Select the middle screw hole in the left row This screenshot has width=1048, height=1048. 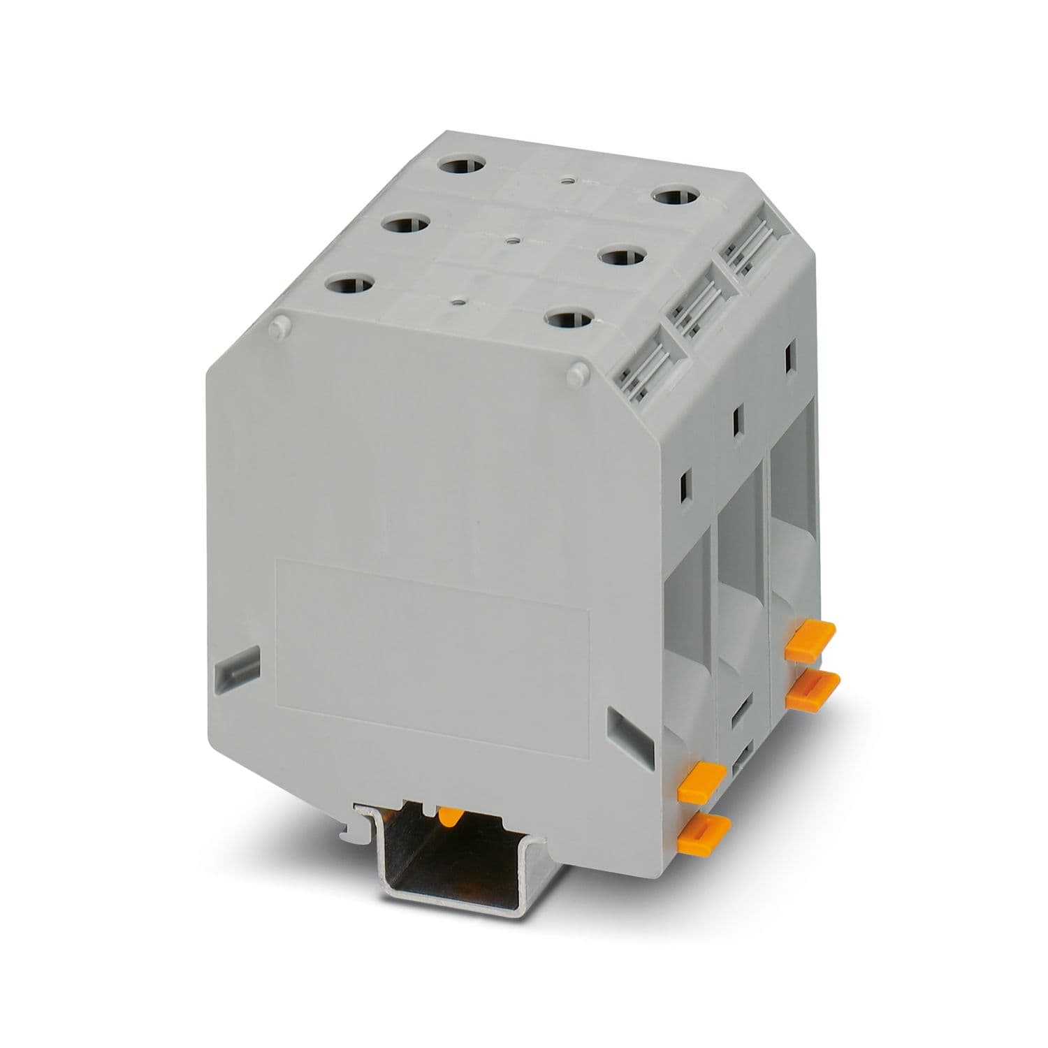point(406,226)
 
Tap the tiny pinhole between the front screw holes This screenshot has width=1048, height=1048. point(458,302)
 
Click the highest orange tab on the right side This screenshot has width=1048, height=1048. point(810,631)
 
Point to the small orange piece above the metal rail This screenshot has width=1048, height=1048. point(450,815)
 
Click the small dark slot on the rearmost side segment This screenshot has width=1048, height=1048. point(790,356)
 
